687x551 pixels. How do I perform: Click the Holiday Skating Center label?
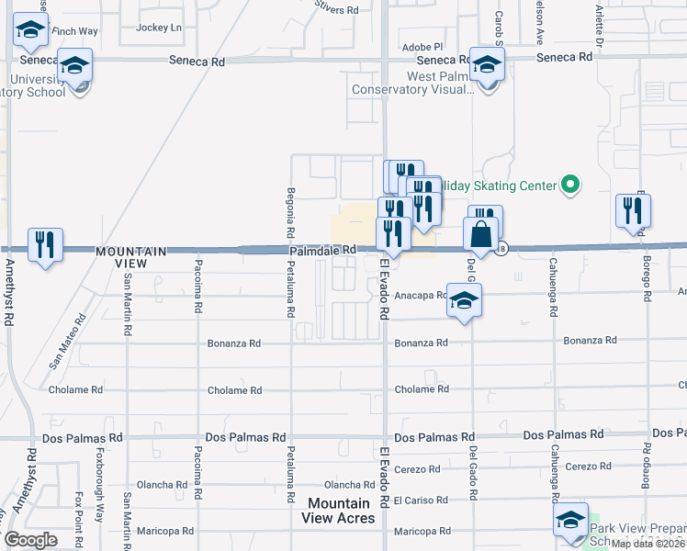501,186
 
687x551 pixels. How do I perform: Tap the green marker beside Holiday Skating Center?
570,186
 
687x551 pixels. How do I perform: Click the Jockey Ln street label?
158,28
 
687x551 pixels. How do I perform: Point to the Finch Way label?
74,31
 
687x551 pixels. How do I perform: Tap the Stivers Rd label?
336,10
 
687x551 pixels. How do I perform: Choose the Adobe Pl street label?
422,46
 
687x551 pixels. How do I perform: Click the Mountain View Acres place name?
339,511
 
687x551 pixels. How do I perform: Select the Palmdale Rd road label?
323,250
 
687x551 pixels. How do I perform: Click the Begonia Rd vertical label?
290,208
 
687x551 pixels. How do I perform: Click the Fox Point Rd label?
80,517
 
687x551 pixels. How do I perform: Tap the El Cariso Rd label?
420,501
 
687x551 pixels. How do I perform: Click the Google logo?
30,539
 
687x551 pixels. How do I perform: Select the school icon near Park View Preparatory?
570,520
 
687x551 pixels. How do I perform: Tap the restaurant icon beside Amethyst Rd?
45,244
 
